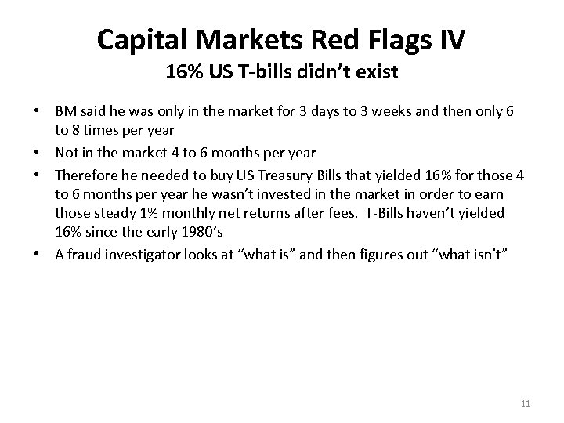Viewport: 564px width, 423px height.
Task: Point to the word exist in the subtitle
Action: point(379,74)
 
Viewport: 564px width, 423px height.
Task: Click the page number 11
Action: point(526,403)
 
